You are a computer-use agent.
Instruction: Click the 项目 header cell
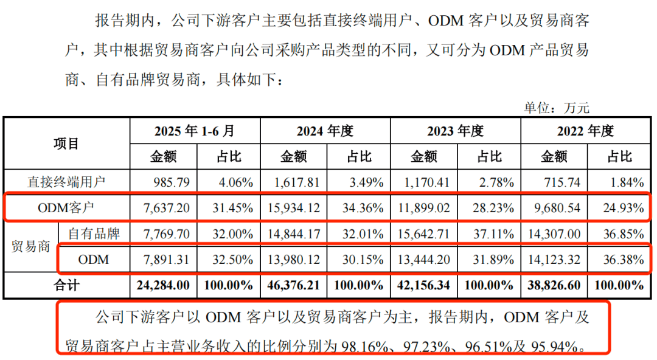point(67,144)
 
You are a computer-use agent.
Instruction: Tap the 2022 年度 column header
point(586,131)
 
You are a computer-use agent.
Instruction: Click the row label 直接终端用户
point(67,181)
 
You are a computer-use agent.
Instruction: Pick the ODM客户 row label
point(67,207)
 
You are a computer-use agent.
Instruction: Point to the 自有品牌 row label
point(94,233)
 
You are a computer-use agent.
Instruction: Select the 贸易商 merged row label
point(30,246)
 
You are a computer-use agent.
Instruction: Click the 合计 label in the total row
point(67,285)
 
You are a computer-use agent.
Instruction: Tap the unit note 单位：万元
point(557,108)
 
